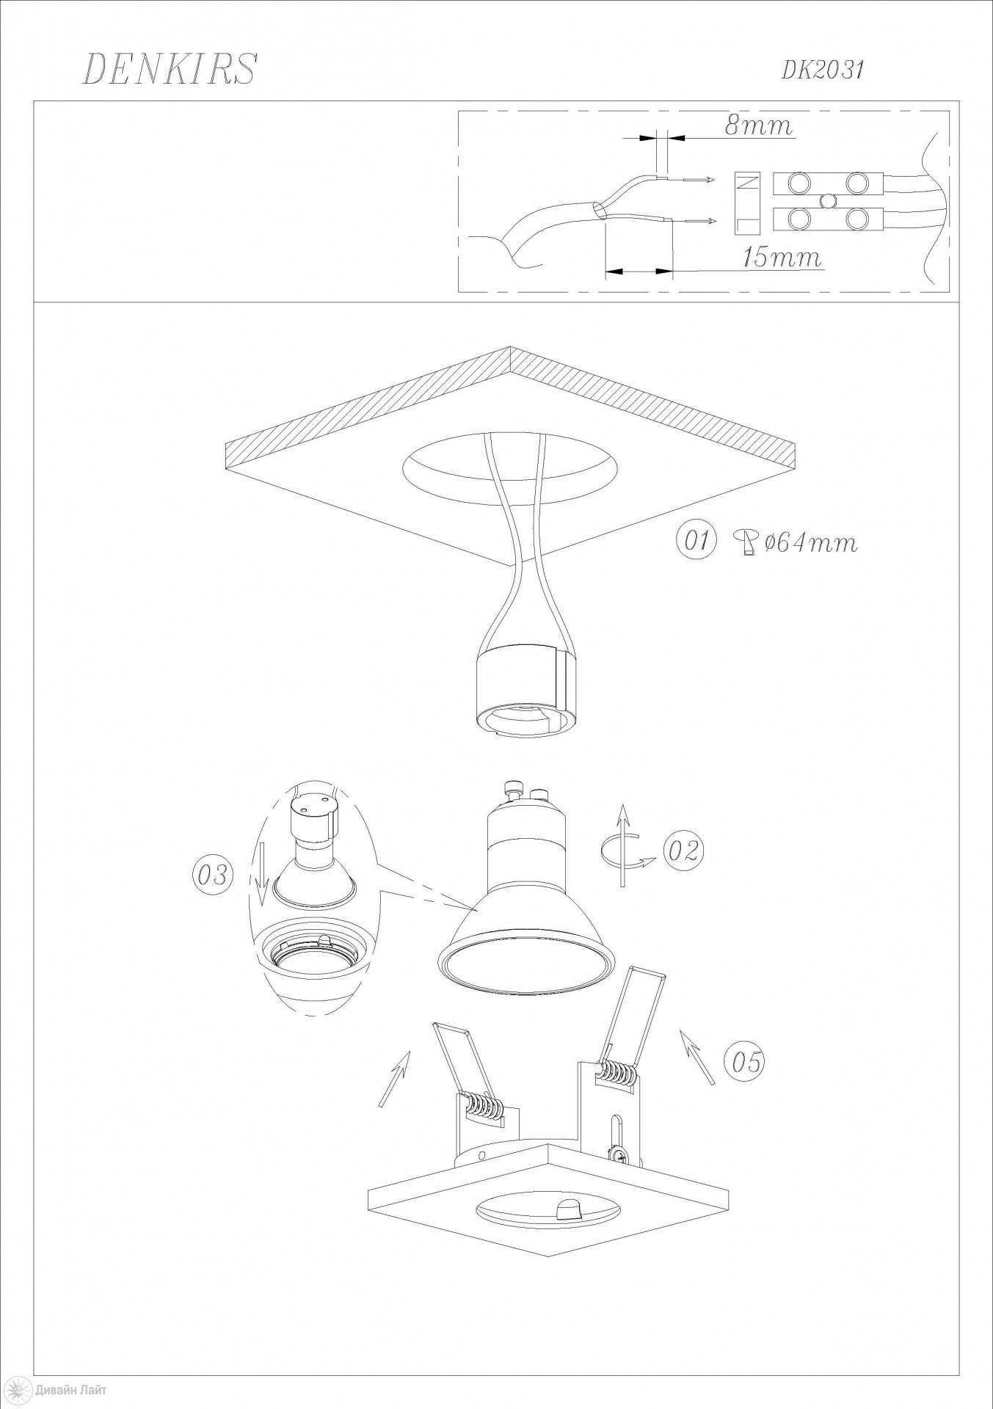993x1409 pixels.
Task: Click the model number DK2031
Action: (823, 70)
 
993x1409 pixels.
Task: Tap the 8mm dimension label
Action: (760, 126)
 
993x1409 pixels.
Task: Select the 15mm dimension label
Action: (782, 258)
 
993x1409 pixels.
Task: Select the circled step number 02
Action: (683, 850)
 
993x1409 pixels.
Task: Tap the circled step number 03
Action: (212, 875)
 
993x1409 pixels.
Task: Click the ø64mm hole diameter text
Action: (810, 543)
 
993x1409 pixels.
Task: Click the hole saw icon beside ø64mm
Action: (746, 543)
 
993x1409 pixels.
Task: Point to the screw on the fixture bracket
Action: (619, 1156)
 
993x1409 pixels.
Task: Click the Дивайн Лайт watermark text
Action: (69, 1389)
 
